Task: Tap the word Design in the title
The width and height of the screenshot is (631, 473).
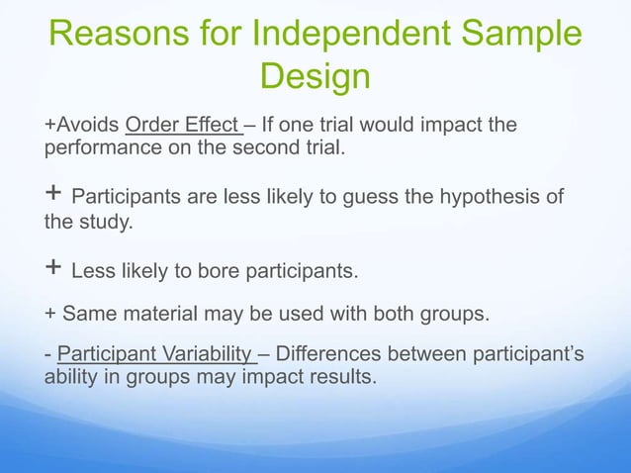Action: pos(315,77)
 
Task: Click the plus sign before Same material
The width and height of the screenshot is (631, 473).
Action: pos(50,315)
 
